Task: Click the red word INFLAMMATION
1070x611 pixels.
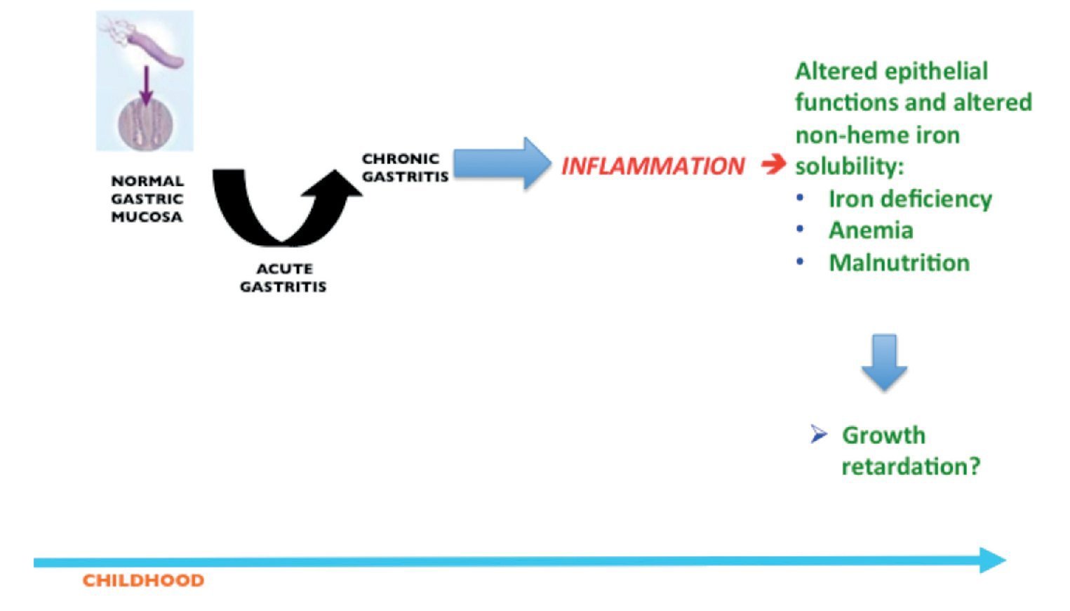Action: [x=653, y=166]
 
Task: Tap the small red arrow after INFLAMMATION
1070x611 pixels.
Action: [x=774, y=164]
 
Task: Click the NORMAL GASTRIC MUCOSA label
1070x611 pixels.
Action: [x=147, y=199]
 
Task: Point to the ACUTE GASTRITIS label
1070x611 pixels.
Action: [x=283, y=277]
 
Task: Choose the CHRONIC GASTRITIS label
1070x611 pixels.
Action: [x=405, y=168]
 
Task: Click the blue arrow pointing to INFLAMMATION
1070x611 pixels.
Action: [x=501, y=163]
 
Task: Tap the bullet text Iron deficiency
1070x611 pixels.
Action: [x=910, y=199]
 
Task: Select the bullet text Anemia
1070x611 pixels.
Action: [x=871, y=230]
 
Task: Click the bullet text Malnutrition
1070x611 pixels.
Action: [x=899, y=263]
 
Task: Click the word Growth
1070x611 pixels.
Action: [x=883, y=435]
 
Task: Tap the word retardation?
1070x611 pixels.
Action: [x=910, y=466]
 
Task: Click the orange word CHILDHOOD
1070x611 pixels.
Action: [x=143, y=580]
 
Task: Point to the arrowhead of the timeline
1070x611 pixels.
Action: [x=993, y=560]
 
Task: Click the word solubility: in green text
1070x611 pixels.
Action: [x=849, y=166]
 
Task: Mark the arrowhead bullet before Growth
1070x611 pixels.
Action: [x=818, y=435]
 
